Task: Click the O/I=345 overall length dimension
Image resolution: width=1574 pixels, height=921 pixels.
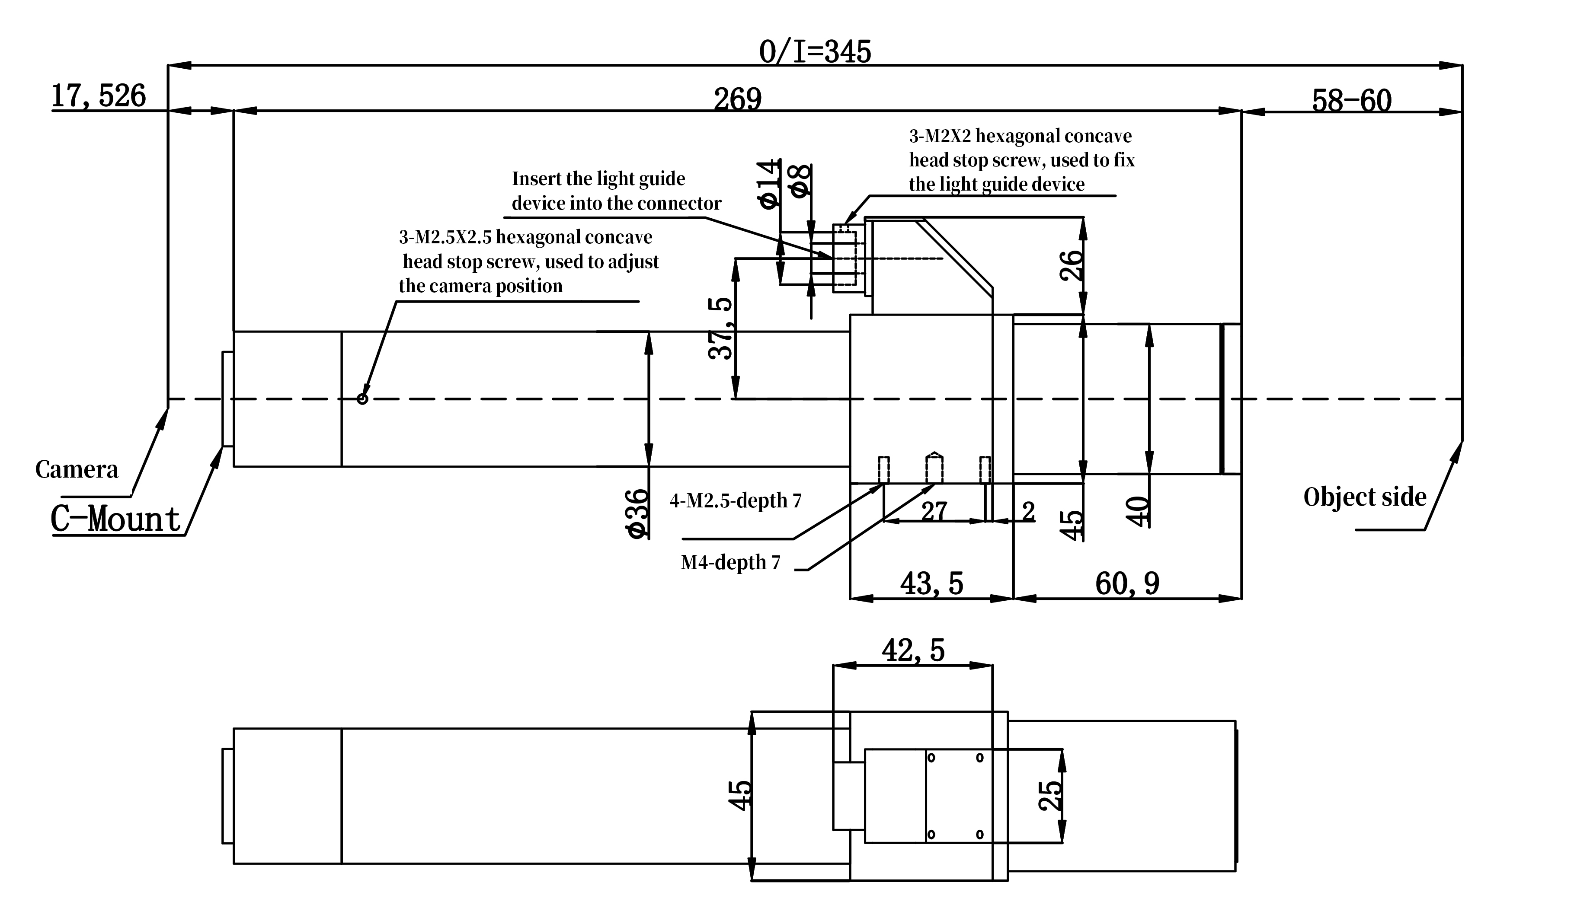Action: (815, 52)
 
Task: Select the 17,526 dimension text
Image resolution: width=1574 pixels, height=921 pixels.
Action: (98, 96)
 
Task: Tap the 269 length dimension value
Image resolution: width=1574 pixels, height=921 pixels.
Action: (738, 99)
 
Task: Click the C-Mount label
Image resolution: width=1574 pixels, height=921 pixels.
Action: (115, 519)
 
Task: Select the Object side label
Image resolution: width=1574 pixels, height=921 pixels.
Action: (1365, 497)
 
